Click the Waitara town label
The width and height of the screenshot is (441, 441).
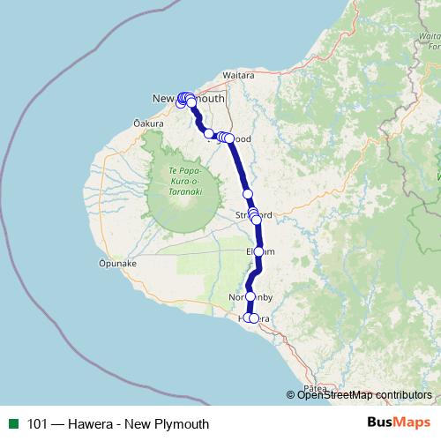[x=239, y=76]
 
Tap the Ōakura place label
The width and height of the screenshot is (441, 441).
[x=149, y=123]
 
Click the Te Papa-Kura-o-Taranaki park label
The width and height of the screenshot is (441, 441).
[x=179, y=180]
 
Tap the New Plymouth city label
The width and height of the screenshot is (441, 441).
[x=189, y=99]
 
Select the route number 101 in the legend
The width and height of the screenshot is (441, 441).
[x=38, y=424]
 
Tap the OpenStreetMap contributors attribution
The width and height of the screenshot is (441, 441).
[x=364, y=395]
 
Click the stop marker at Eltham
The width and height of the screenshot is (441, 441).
[x=258, y=251]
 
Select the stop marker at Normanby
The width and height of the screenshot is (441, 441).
[x=250, y=296]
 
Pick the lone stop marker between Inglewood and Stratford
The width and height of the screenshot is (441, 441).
[x=248, y=194]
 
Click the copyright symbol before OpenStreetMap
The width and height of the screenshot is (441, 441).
[x=291, y=395]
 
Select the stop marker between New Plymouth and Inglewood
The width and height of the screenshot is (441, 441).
[x=209, y=133]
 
